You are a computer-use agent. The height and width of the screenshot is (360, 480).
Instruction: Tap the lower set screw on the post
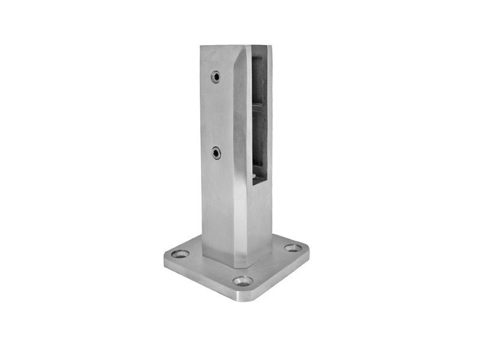(215, 154)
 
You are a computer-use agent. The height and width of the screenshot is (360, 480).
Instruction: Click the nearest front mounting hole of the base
(243, 280)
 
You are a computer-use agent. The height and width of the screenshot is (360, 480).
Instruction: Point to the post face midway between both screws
(215, 115)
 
